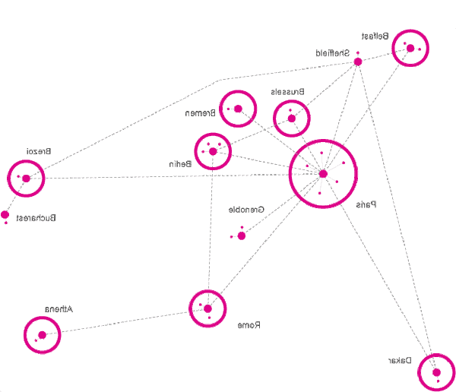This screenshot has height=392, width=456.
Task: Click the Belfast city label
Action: point(375,36)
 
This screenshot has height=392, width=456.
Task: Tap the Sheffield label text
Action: point(333,53)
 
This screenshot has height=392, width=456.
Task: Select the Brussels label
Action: point(288,91)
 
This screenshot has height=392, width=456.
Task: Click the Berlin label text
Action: point(179,163)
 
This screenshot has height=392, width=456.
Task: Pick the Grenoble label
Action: point(246,208)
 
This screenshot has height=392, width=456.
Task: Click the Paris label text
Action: point(367,204)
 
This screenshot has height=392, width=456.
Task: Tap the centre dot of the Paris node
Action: point(323,174)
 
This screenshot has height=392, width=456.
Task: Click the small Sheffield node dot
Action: point(357,62)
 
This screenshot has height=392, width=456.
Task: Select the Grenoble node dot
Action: point(242,236)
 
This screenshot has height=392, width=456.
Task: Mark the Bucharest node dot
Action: point(5,214)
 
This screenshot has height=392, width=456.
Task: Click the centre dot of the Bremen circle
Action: point(238,109)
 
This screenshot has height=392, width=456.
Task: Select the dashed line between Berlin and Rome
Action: point(211,228)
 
